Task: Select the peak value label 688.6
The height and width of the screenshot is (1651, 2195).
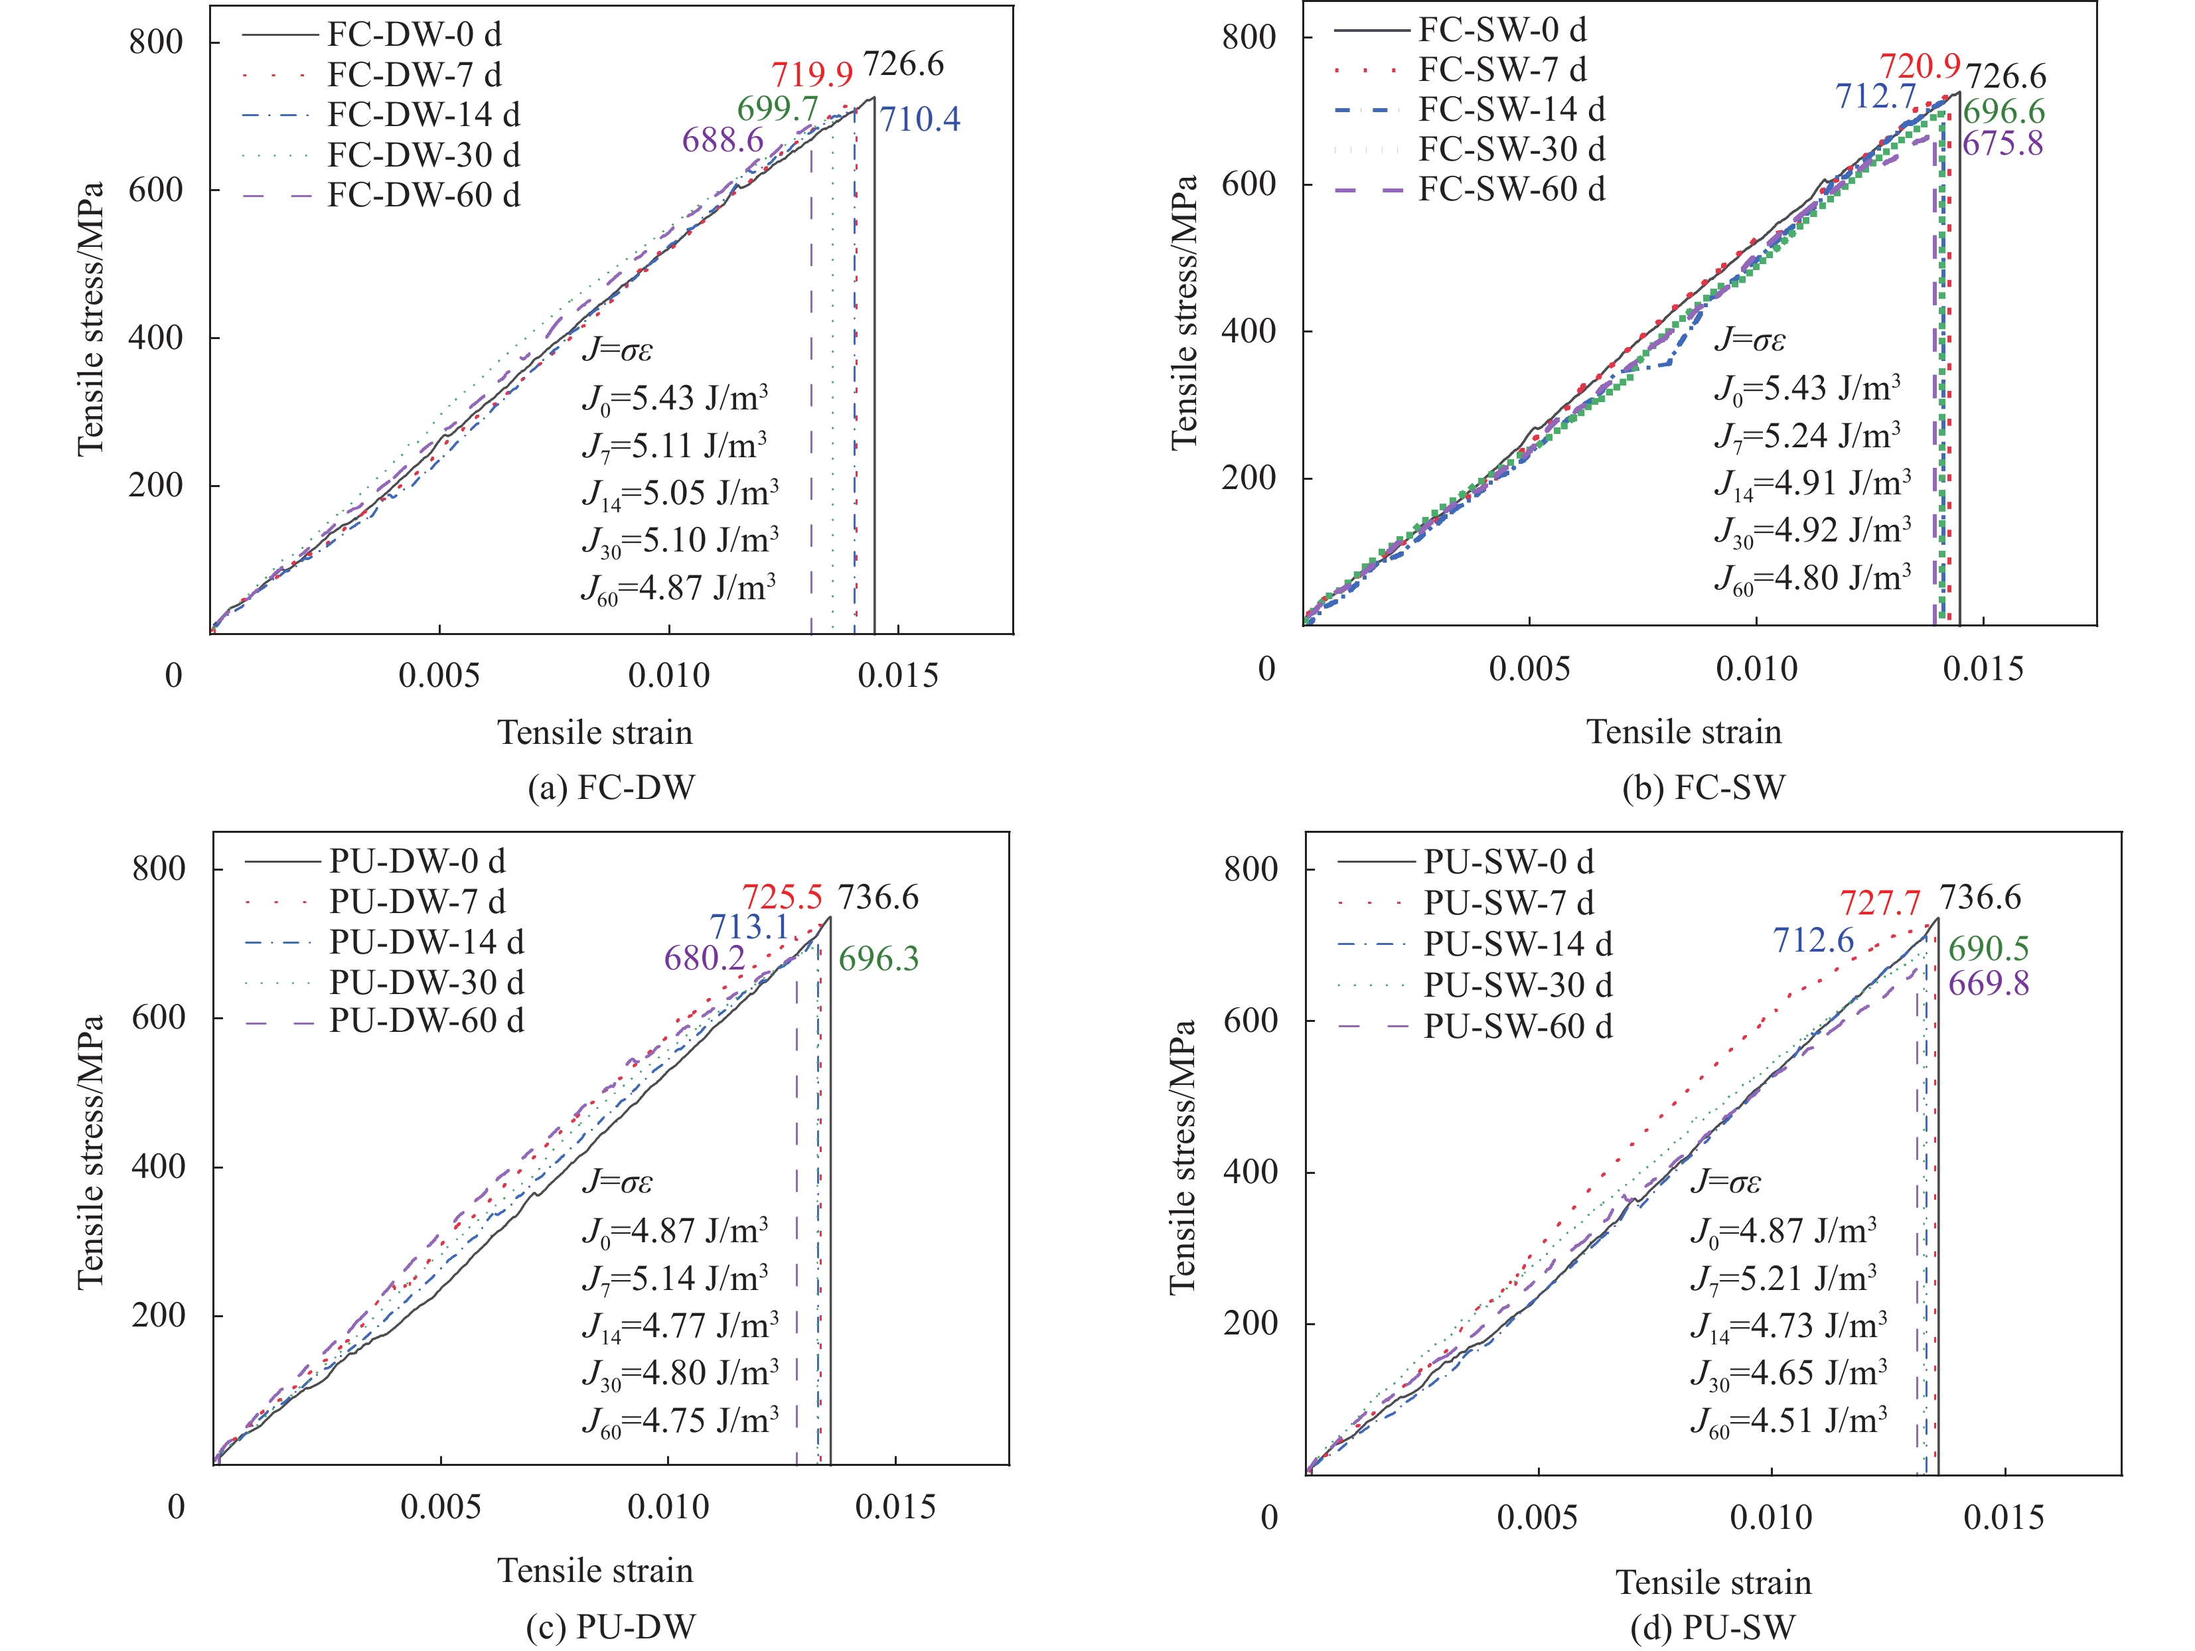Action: click(x=722, y=140)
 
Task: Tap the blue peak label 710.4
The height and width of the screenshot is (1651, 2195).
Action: click(x=920, y=119)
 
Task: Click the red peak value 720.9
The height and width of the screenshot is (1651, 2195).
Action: click(x=1920, y=66)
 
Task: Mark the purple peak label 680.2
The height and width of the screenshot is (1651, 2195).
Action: click(x=704, y=958)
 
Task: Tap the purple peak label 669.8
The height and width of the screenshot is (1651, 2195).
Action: click(x=1988, y=983)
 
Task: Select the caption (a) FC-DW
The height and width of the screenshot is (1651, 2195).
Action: click(x=611, y=787)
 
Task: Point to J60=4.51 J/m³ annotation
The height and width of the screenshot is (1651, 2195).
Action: click(x=1788, y=1421)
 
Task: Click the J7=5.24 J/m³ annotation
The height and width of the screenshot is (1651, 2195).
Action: click(x=1807, y=435)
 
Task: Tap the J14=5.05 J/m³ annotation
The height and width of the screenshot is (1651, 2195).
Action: click(x=680, y=493)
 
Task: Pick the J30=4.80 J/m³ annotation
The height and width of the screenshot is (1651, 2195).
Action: click(x=680, y=1373)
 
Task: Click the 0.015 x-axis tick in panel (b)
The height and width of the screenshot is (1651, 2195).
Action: click(x=1983, y=669)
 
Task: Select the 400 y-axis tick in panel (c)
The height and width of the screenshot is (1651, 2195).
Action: click(x=159, y=1166)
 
